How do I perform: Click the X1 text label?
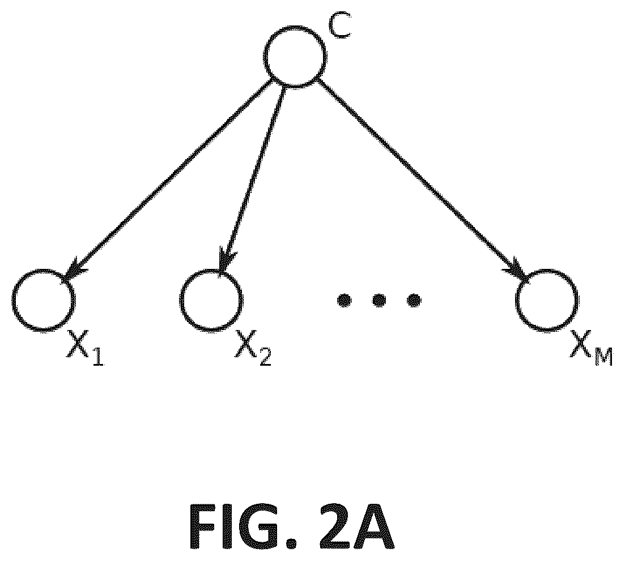[85, 348]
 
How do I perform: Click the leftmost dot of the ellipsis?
[344, 300]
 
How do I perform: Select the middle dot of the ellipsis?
[379, 300]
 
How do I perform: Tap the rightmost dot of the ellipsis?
[414, 300]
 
